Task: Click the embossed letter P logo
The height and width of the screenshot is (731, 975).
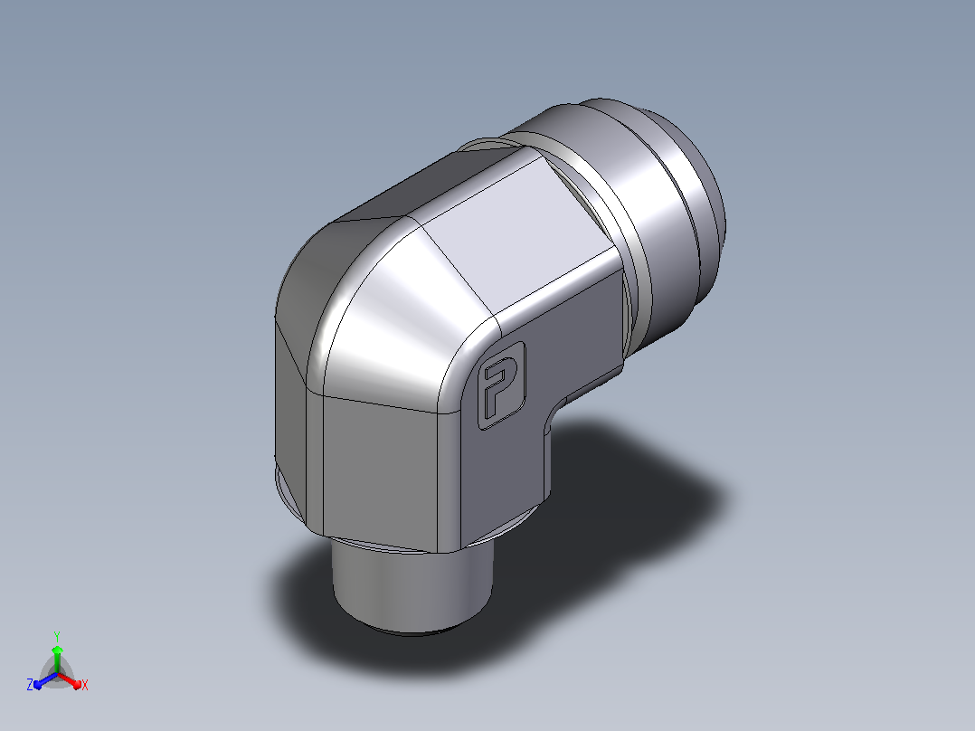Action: coord(502,385)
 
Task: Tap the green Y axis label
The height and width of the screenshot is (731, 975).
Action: coord(57,636)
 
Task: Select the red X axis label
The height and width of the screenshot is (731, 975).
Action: coord(85,685)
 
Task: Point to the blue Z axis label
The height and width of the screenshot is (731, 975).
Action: coord(30,684)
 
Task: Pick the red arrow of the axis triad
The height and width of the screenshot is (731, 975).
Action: coord(70,680)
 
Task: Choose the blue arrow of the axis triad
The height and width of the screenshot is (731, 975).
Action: coord(46,680)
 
